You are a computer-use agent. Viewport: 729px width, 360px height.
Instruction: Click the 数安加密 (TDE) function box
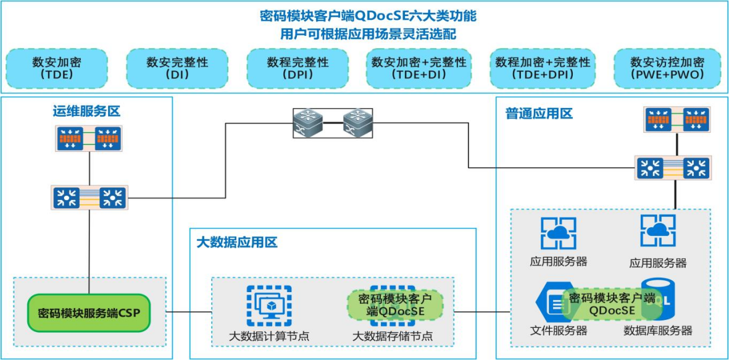[57, 68]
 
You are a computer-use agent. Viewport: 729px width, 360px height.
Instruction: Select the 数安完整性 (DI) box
[177, 68]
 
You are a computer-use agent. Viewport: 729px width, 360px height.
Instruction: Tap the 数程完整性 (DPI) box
[298, 68]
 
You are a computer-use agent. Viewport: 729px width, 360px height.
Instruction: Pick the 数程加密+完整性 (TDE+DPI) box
[543, 68]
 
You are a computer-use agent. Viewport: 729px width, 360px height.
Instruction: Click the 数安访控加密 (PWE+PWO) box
[667, 68]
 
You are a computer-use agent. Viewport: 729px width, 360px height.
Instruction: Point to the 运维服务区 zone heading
[86, 112]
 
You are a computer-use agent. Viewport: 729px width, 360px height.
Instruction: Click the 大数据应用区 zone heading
[237, 242]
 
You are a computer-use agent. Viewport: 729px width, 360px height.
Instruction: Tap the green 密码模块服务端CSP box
[89, 312]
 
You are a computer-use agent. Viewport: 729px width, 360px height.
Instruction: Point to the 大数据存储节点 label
[393, 337]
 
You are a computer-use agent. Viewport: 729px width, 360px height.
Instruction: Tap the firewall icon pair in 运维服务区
[90, 139]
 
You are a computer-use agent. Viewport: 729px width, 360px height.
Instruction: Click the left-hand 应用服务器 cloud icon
[558, 233]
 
